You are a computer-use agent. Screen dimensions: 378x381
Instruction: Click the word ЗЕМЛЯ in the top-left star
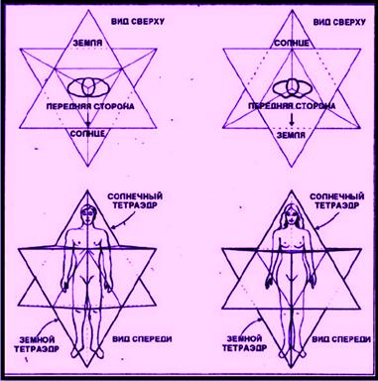87,43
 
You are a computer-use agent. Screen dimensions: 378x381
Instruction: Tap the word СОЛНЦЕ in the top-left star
87,134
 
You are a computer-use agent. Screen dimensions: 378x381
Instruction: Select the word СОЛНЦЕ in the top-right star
292,43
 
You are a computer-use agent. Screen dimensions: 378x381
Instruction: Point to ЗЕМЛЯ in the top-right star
291,135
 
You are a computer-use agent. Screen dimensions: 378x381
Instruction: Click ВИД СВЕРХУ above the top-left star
138,22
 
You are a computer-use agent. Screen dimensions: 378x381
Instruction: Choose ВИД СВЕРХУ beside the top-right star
339,22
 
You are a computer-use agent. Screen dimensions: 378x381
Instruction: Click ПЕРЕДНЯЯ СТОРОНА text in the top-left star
90,106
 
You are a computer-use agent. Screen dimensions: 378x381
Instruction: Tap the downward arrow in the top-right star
292,119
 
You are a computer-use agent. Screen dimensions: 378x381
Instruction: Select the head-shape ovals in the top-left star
88,87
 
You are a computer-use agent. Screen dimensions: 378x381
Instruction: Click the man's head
87,214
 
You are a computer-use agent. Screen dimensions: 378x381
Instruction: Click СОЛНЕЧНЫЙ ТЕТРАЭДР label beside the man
135,200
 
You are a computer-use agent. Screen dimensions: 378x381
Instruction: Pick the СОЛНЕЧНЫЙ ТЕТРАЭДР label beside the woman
337,200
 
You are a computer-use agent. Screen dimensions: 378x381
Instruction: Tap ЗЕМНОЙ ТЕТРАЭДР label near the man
37,344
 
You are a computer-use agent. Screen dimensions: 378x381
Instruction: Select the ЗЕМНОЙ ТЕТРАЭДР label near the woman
244,343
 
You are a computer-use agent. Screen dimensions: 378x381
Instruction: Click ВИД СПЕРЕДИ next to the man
142,339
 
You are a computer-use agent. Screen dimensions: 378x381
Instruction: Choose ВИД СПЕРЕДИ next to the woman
341,339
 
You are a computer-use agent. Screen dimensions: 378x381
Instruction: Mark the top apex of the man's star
87,190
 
